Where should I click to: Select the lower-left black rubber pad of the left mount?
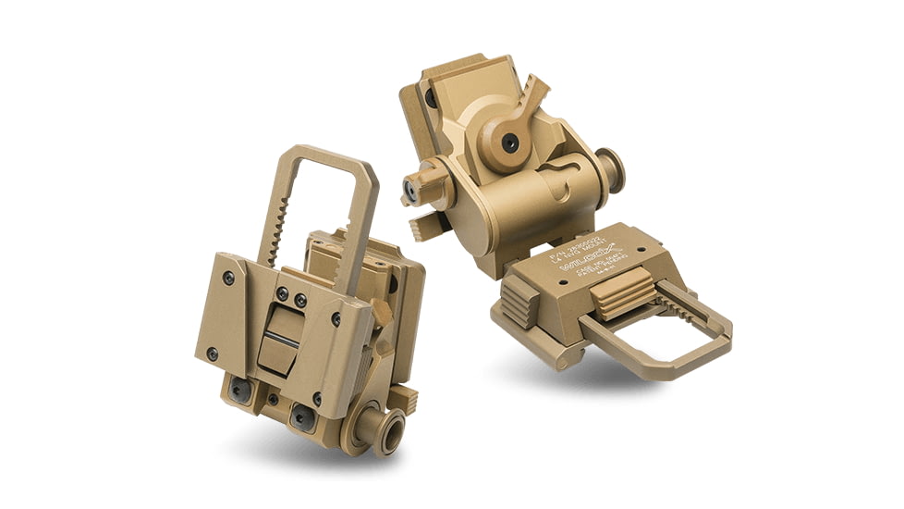click(239, 391)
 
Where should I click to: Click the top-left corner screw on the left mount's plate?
click(227, 275)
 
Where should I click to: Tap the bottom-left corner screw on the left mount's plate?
click(213, 354)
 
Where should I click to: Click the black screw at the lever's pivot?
click(508, 141)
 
